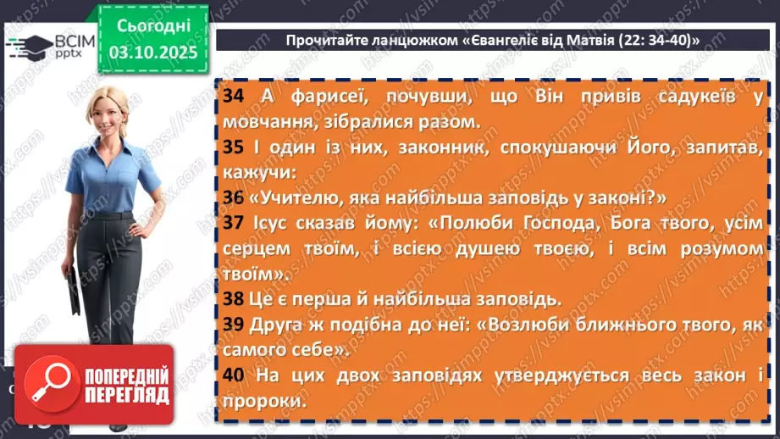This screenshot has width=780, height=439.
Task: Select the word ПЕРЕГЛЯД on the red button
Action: click(x=126, y=396)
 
